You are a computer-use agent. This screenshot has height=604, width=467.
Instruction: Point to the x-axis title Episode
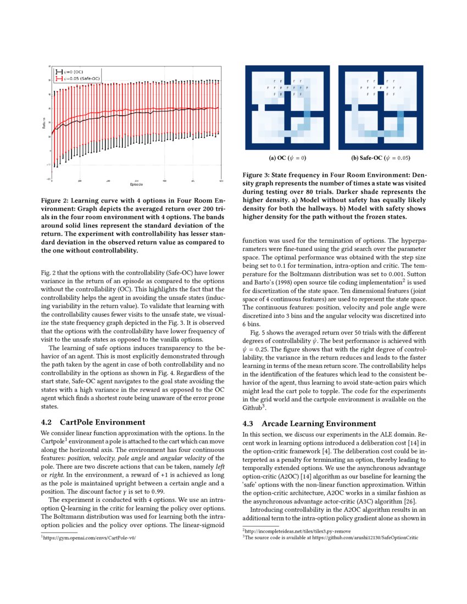(x=137, y=184)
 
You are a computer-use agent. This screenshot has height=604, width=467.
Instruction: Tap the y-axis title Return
(x=44, y=125)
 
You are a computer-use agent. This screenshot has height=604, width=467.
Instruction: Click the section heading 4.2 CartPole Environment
(x=93, y=422)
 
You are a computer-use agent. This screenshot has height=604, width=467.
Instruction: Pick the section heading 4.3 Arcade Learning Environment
(x=309, y=423)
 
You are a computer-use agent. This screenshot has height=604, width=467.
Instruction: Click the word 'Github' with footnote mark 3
(x=253, y=409)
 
